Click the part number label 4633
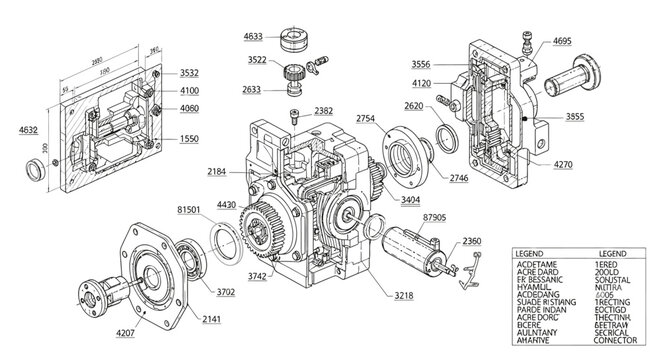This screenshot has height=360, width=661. coord(253,37)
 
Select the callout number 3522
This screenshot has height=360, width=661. coord(257,60)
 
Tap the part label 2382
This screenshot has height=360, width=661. coord(323,111)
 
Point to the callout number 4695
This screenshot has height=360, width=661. coord(561,42)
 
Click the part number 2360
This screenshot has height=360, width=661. coord(472,241)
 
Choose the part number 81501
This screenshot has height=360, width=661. coord(189,210)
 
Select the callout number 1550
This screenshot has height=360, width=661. coord(188,138)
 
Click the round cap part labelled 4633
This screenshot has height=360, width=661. coord(297,38)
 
